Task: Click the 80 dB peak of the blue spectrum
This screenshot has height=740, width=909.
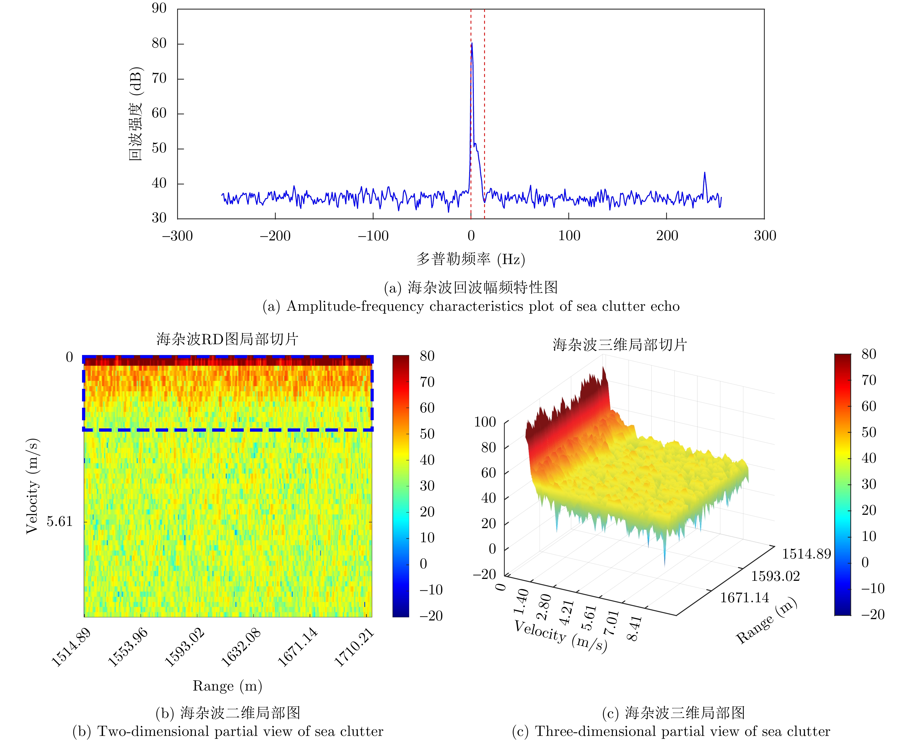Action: click(x=471, y=43)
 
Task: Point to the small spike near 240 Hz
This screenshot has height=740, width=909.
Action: click(x=704, y=173)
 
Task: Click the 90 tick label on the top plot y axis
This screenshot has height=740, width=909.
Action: click(x=159, y=8)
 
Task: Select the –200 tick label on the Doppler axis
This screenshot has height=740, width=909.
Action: click(x=275, y=236)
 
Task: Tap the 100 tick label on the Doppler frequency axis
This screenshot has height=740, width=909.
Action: click(x=569, y=236)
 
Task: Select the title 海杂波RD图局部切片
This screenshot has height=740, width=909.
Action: click(x=227, y=339)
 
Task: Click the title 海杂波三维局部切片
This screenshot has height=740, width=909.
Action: click(x=620, y=345)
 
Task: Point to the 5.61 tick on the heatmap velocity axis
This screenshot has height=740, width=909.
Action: click(x=60, y=521)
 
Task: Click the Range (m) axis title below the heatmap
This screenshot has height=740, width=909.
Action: click(x=227, y=686)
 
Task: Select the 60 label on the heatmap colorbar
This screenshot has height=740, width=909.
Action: click(x=427, y=408)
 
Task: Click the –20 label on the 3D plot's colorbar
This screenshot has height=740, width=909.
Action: click(x=872, y=614)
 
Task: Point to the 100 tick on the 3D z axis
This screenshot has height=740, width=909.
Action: click(x=485, y=422)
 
